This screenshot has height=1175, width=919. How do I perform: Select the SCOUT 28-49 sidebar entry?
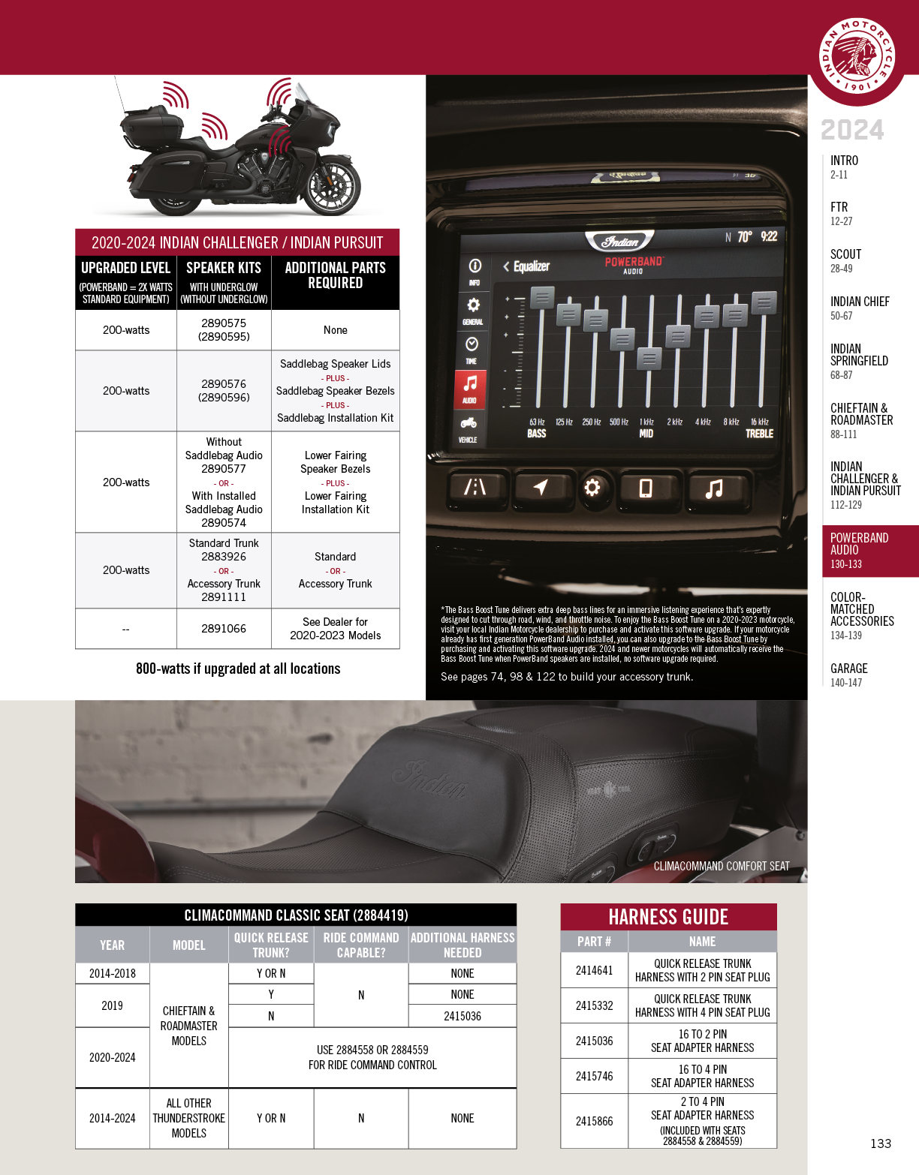tap(846, 260)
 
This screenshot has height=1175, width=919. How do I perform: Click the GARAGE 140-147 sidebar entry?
tap(848, 675)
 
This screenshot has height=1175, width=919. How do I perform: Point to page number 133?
tap(880, 1143)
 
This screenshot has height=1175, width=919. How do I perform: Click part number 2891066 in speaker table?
tap(223, 629)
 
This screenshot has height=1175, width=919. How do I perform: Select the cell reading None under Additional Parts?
tap(335, 330)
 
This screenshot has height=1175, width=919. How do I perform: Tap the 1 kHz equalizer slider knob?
tap(649, 359)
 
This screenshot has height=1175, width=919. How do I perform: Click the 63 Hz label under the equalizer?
tap(537, 422)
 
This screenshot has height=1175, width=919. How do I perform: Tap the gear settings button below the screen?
tap(592, 488)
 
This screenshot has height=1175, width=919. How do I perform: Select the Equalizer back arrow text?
tap(526, 266)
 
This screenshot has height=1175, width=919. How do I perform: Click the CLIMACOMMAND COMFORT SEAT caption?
tap(721, 866)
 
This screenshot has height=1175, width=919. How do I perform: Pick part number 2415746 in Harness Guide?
tap(594, 1076)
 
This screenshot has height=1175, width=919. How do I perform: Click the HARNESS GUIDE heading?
tap(668, 917)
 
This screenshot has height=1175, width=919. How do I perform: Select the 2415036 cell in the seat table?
tap(462, 1016)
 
